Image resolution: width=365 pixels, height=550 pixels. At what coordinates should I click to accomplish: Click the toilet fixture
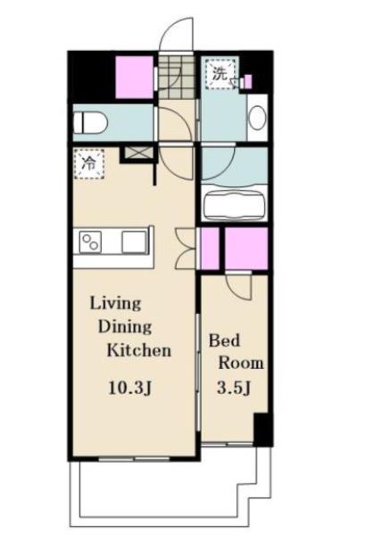pyautogui.click(x=90, y=122)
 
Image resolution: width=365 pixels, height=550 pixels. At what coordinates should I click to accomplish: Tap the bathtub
pyautogui.click(x=235, y=206)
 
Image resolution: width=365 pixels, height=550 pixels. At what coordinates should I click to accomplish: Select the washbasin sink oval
pyautogui.click(x=258, y=118)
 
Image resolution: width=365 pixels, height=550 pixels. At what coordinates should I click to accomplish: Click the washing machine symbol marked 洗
pyautogui.click(x=220, y=74)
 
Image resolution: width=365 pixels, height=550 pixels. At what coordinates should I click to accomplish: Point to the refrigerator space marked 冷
pyautogui.click(x=89, y=164)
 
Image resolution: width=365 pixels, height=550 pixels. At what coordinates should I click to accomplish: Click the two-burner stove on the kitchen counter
pyautogui.click(x=90, y=242)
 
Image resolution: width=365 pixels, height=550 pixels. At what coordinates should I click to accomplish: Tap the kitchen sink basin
pyautogui.click(x=134, y=242)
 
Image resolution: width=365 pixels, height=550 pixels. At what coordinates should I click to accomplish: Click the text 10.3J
pyautogui.click(x=130, y=389)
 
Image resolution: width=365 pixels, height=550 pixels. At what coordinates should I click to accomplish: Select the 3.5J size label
pyautogui.click(x=234, y=388)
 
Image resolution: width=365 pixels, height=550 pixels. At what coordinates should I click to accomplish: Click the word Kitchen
pyautogui.click(x=139, y=350)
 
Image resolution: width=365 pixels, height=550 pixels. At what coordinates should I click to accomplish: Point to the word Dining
pyautogui.click(x=125, y=327)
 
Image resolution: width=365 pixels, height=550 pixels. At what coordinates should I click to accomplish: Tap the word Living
pyautogui.click(x=116, y=303)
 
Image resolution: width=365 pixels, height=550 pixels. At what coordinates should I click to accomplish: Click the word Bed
pyautogui.click(x=225, y=341)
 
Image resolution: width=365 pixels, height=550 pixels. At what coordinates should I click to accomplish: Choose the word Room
pyautogui.click(x=241, y=363)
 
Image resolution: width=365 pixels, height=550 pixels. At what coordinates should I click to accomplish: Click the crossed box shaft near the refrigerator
pyautogui.click(x=137, y=153)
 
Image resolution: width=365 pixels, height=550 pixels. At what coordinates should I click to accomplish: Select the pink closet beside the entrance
pyautogui.click(x=135, y=78)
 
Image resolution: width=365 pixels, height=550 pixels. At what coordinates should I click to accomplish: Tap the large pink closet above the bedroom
pyautogui.click(x=246, y=249)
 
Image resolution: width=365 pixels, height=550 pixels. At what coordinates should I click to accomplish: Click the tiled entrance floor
pyautogui.click(x=176, y=78)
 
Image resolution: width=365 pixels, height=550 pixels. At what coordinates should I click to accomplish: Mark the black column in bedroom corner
pyautogui.click(x=263, y=430)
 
